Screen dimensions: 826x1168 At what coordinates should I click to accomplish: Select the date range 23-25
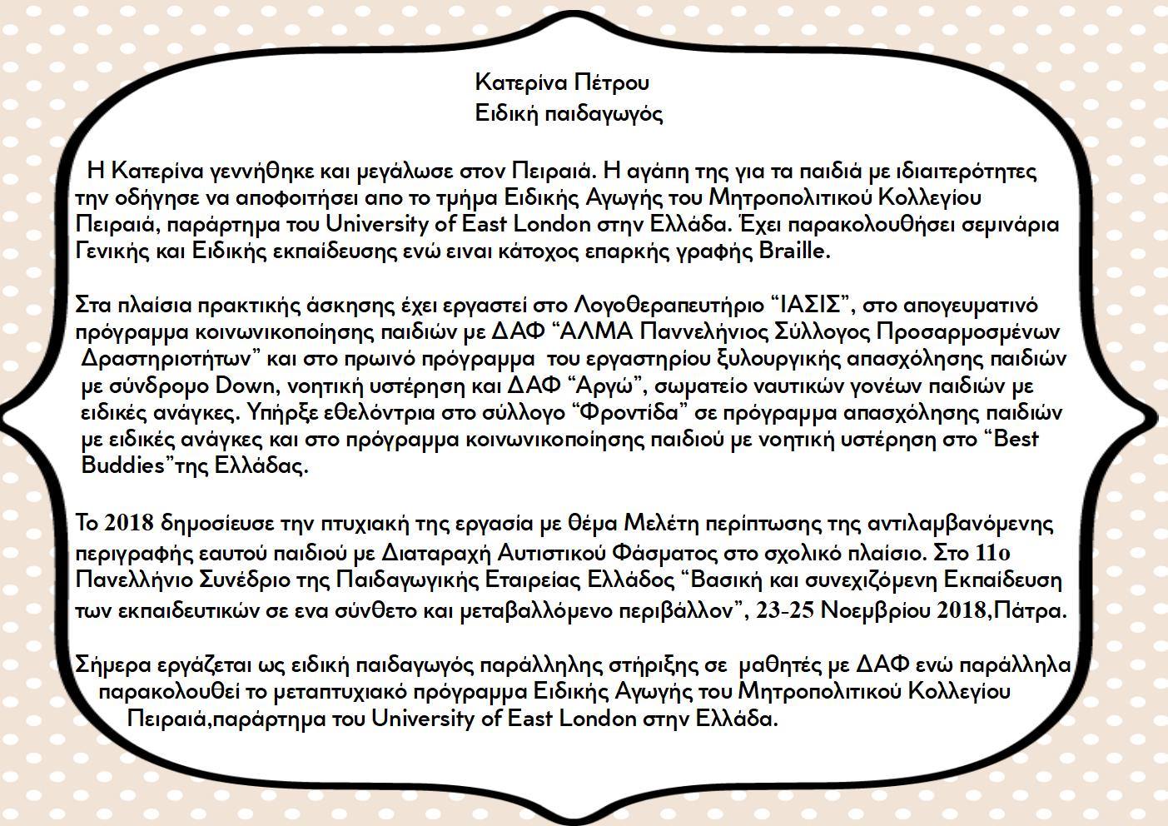785,610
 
